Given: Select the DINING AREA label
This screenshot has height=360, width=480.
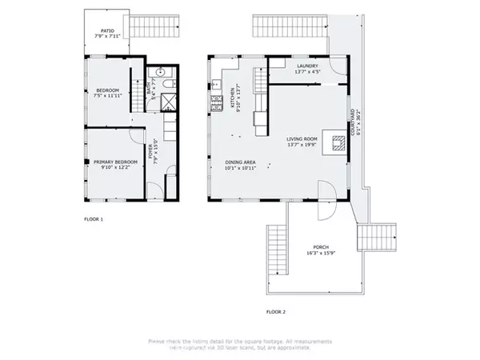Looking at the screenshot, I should [x=240, y=166].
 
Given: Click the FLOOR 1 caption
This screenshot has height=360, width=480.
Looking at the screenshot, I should [x=94, y=218].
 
